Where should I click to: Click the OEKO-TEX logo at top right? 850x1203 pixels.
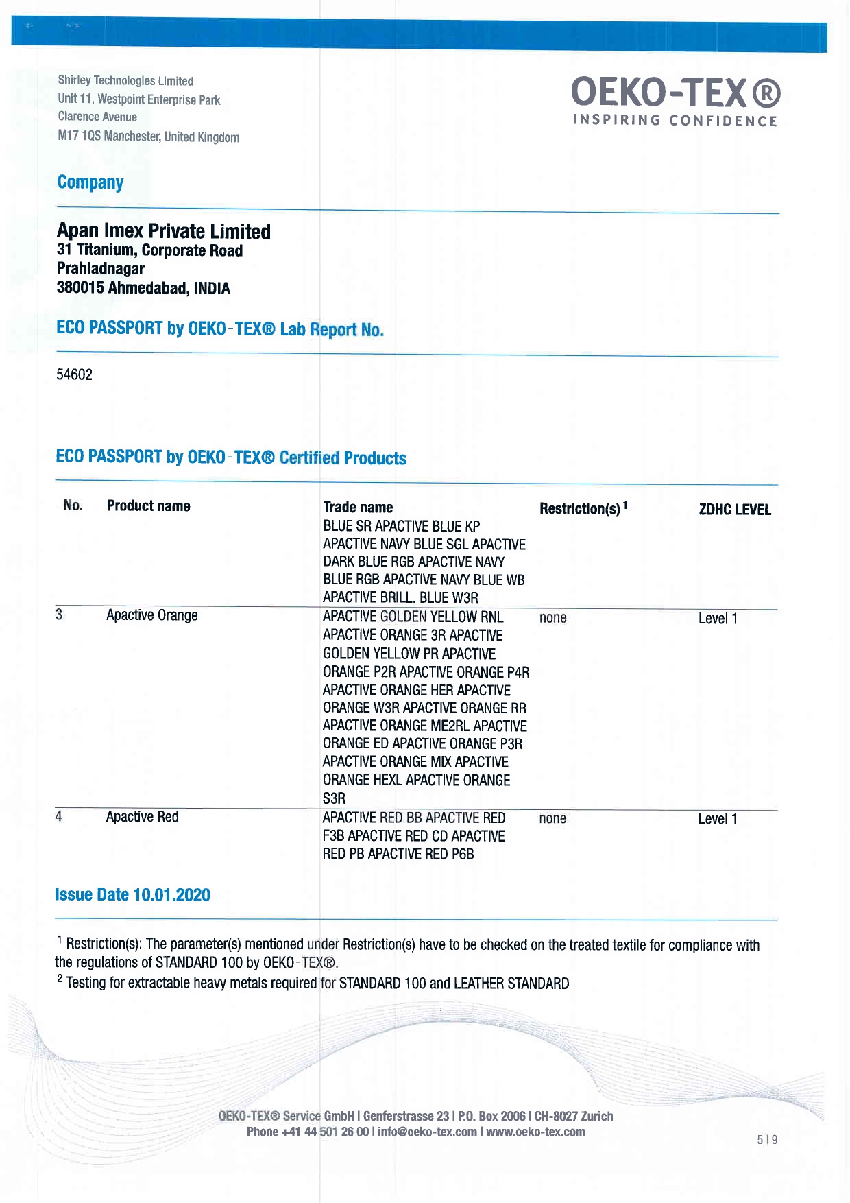tap(675, 93)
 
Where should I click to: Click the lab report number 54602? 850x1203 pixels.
tap(74, 374)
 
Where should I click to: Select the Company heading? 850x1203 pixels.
tap(90, 182)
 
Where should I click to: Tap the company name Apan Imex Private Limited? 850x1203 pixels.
tap(163, 231)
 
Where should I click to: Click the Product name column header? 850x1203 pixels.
tap(148, 506)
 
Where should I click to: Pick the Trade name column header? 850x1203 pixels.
tap(358, 508)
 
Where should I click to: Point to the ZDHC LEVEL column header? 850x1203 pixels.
tap(734, 510)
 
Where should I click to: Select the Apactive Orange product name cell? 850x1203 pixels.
tap(151, 615)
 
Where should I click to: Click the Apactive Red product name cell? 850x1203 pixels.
tap(142, 817)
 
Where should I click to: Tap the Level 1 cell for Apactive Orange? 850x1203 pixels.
tap(717, 618)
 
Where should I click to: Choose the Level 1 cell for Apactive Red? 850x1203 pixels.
tap(717, 819)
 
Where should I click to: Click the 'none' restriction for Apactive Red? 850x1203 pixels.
tap(552, 819)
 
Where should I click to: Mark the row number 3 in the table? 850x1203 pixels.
tap(59, 615)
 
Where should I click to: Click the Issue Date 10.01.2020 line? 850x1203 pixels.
tap(132, 895)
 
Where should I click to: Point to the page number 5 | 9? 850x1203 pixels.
tap(767, 1140)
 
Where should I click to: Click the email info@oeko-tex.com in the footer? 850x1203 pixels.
tap(426, 1132)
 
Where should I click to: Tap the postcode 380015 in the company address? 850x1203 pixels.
tap(80, 288)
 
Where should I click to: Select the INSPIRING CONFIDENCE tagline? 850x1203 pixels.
tap(675, 121)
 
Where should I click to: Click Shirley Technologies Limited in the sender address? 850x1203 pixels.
tap(125, 81)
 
